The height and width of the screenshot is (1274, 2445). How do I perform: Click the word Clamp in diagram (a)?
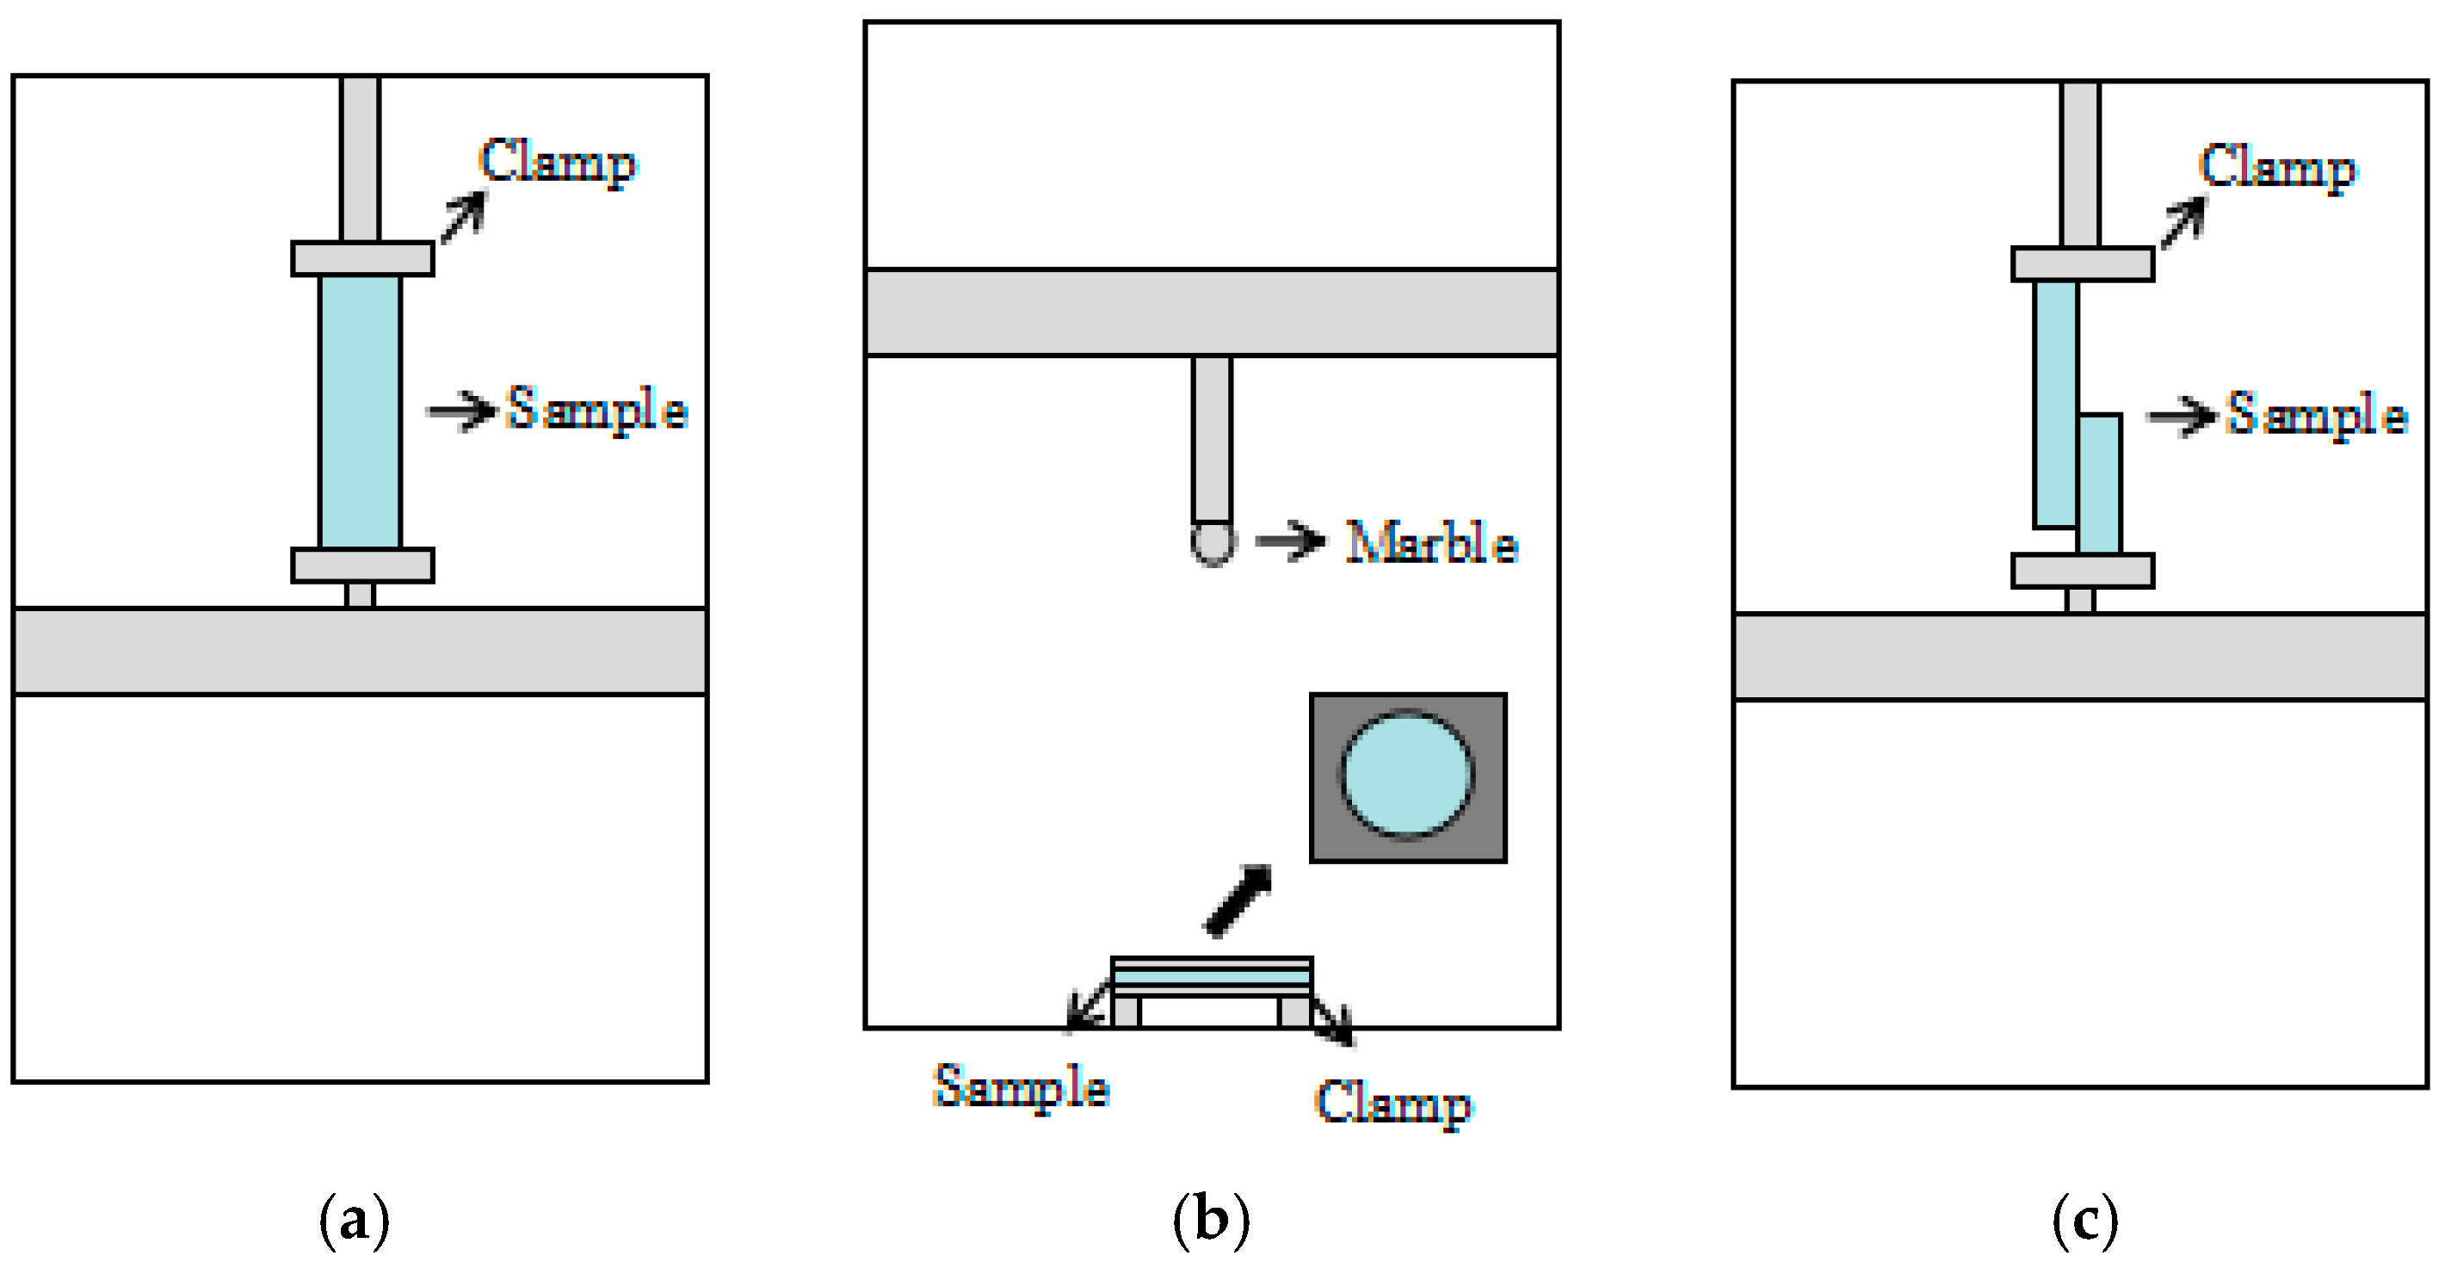pyautogui.click(x=558, y=163)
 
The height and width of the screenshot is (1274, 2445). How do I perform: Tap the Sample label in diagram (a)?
pyautogui.click(x=597, y=409)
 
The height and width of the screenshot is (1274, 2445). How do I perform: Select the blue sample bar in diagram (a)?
pyautogui.click(x=361, y=412)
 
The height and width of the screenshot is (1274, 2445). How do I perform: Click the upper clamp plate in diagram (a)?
pyautogui.click(x=362, y=259)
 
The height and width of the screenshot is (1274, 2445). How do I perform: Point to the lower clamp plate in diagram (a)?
pyautogui.click(x=362, y=565)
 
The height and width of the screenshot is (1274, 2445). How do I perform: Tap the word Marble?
pyautogui.click(x=1432, y=543)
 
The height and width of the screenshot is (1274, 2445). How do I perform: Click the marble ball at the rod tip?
pyautogui.click(x=1213, y=544)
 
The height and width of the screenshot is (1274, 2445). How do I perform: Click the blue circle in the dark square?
pyautogui.click(x=1406, y=776)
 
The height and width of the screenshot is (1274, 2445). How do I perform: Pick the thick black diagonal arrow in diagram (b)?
pyautogui.click(x=1238, y=900)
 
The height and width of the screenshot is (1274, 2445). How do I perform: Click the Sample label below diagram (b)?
pyautogui.click(x=1022, y=1086)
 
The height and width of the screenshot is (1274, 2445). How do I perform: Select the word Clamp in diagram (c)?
pyautogui.click(x=2278, y=168)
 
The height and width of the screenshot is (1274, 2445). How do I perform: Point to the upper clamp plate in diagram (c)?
pyautogui.click(x=2083, y=265)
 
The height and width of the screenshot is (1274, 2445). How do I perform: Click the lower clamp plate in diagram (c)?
pyautogui.click(x=2083, y=571)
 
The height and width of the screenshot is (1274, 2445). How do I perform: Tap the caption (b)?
pyautogui.click(x=1211, y=1219)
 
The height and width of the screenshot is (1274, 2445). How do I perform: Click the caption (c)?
pyautogui.click(x=2085, y=1219)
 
